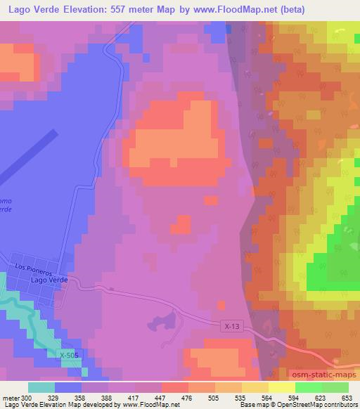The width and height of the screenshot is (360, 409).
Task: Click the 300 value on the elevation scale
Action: (x=27, y=398)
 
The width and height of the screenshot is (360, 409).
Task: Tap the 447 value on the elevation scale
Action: (x=161, y=398)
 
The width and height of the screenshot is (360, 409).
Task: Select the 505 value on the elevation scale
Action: (x=215, y=398)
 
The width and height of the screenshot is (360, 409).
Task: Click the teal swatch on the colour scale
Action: (x=41, y=387)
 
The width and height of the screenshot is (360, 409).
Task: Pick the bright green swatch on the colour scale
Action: (x=309, y=387)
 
